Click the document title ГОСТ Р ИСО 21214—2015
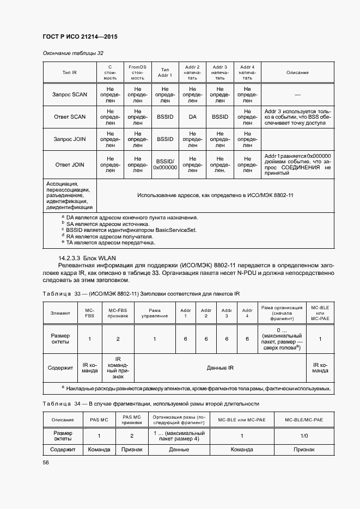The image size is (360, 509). (x=81, y=37)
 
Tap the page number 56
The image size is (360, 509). (x=46, y=462)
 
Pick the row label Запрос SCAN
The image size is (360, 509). (x=70, y=95)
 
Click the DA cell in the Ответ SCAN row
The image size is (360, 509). (x=192, y=116)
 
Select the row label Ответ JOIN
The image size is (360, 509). (x=70, y=164)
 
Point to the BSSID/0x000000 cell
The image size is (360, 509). (x=165, y=164)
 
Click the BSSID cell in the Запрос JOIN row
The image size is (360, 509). (x=165, y=139)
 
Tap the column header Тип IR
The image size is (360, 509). (x=70, y=72)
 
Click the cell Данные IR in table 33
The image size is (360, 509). (x=221, y=367)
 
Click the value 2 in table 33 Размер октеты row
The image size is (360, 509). (x=118, y=339)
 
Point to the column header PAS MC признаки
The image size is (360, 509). (x=131, y=419)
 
